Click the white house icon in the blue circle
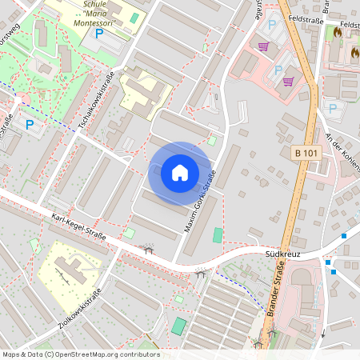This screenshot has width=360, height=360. tap(180, 172)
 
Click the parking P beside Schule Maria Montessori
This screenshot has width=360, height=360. tap(98, 34)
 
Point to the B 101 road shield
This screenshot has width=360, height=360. tap(306, 153)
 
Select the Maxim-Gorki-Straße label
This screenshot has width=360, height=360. tap(202, 204)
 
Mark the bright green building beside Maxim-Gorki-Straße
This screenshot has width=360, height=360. tap(218, 237)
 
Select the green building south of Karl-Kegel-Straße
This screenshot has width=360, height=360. tap(178, 326)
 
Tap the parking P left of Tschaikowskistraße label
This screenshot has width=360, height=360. tap(30, 125)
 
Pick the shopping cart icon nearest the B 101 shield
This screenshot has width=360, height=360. tap(287, 81)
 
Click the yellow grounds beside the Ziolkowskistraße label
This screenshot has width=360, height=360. tap(68, 268)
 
